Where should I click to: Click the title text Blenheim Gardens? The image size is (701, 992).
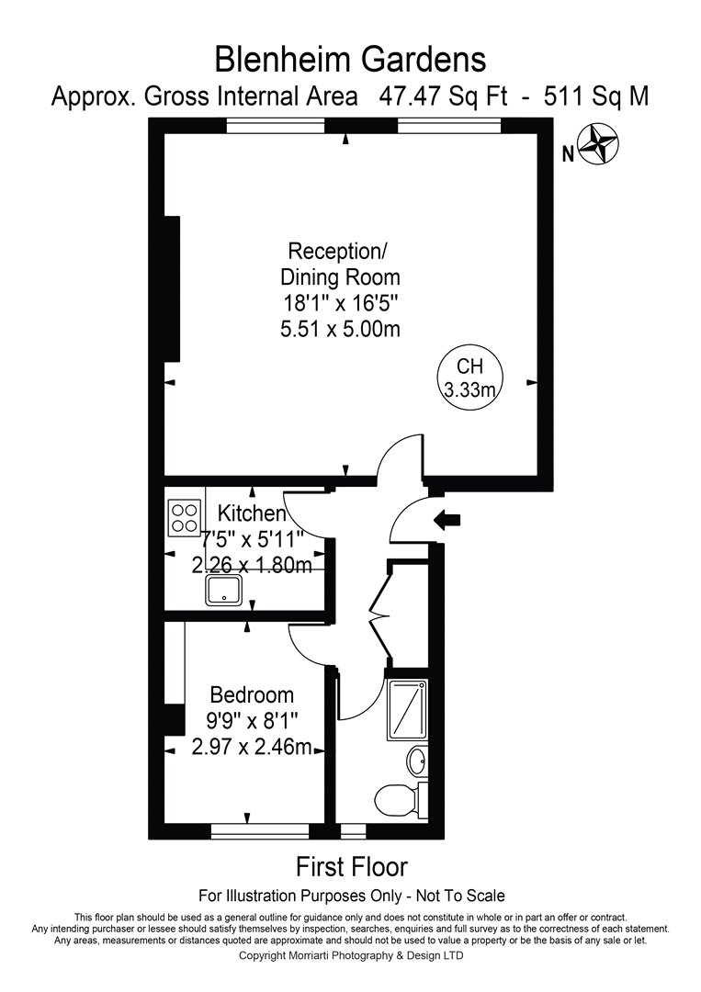(351, 60)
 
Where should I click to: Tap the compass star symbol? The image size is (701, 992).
(598, 145)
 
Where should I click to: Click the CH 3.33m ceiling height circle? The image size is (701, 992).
(469, 378)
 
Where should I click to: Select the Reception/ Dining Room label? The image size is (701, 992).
(340, 264)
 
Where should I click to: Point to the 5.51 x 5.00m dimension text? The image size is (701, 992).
(340, 329)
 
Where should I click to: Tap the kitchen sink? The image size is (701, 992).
(224, 590)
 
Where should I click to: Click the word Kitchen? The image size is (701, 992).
(251, 513)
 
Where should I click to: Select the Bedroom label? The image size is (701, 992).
(252, 694)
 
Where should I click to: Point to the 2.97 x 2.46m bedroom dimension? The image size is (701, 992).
(252, 747)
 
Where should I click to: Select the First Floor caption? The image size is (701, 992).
(352, 866)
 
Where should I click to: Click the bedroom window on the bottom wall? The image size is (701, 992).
(260, 831)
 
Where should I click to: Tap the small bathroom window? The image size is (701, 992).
(353, 831)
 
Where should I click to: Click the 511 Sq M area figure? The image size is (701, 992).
(596, 96)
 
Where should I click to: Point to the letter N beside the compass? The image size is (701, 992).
(568, 153)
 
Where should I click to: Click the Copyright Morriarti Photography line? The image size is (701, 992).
(351, 955)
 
